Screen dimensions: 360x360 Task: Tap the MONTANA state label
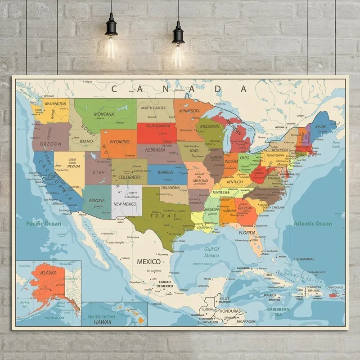tap(103, 114)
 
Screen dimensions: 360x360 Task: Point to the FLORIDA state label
tap(247, 233)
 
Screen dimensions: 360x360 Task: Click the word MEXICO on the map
tap(148, 261)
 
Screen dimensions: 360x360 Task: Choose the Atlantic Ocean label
tap(313, 224)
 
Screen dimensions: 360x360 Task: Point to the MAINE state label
tap(320, 127)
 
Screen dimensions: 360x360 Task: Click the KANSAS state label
tap(165, 173)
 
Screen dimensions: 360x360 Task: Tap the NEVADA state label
tap(74, 166)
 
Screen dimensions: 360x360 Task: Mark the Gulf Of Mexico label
tap(211, 252)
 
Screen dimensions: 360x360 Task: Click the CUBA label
tap(268, 275)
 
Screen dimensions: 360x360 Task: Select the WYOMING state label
tap(120, 142)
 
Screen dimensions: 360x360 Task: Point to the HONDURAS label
tap(230, 311)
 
